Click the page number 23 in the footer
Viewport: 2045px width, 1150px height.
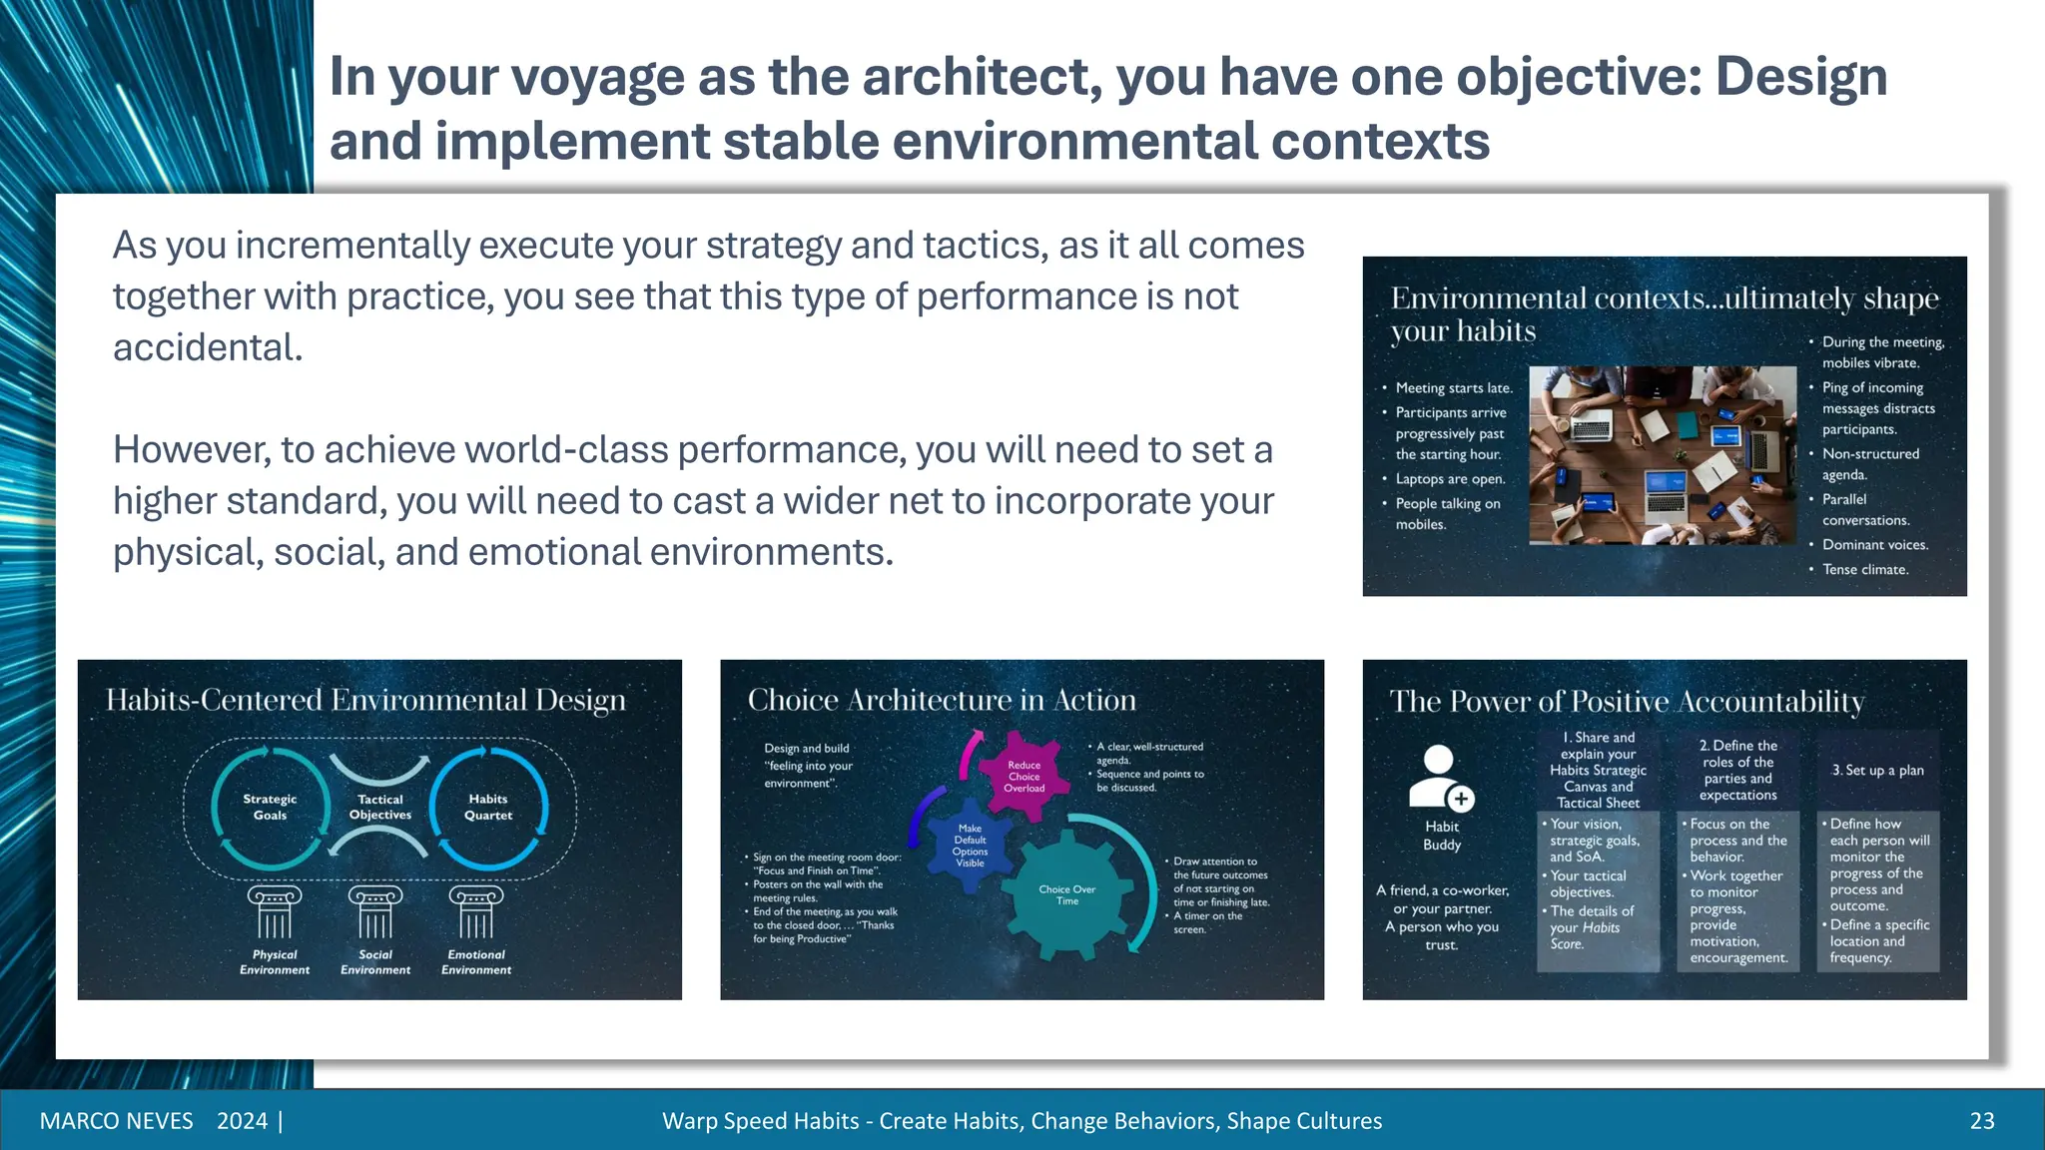pos(1981,1121)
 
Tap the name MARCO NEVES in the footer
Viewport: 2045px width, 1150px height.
pos(116,1121)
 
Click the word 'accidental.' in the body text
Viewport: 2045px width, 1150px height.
pos(208,347)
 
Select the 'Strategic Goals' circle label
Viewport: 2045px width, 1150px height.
pos(270,807)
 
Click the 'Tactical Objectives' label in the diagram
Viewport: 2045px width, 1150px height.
pos(380,807)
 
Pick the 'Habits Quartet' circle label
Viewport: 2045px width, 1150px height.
pos(488,807)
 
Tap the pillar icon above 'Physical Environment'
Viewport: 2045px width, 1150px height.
pos(275,911)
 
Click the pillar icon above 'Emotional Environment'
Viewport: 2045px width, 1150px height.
pos(476,911)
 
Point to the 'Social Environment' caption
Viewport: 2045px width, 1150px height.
pos(375,962)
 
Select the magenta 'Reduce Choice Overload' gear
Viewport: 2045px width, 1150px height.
pos(1023,777)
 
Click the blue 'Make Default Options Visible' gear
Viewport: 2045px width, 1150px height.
pos(970,845)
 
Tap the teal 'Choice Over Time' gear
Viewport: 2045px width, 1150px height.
pos(1067,894)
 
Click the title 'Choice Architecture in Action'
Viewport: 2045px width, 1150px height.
pos(942,700)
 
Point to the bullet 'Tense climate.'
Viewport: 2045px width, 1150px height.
pos(1864,569)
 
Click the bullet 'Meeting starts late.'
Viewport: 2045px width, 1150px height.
pos(1453,388)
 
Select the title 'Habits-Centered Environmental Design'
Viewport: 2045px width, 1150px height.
pos(365,700)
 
